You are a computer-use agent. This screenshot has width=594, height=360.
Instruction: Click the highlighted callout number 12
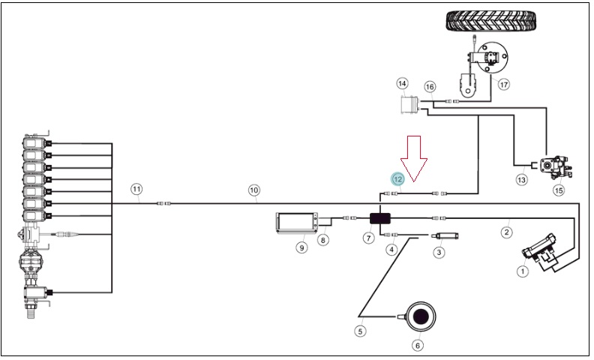tap(397, 179)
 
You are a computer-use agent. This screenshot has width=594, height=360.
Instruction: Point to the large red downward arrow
tap(414, 158)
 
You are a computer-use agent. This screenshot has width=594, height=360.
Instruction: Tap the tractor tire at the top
tap(492, 20)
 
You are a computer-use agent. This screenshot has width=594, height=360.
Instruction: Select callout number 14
tap(402, 83)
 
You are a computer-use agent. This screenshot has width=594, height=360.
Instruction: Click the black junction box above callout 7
tap(380, 218)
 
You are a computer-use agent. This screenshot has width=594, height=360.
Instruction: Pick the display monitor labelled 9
tap(297, 223)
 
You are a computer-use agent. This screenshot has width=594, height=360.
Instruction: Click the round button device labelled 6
tap(420, 316)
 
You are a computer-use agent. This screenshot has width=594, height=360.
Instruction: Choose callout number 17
tap(503, 84)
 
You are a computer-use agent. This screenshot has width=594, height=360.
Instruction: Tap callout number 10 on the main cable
tap(253, 190)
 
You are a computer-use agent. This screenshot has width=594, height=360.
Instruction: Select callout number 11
tap(136, 189)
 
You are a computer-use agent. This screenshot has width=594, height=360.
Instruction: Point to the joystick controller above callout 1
tap(540, 250)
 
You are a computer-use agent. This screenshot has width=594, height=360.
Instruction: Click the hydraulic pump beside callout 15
tap(556, 167)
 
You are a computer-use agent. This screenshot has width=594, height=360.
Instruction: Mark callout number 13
tap(521, 178)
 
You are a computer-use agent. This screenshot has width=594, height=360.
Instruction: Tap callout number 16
tap(429, 87)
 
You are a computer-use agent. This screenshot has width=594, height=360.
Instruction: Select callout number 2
tap(507, 232)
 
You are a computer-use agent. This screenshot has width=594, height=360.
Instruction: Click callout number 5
tap(360, 331)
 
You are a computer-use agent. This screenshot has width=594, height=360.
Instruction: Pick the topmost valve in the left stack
tap(37, 142)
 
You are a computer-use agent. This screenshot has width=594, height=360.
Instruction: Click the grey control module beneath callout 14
tap(410, 105)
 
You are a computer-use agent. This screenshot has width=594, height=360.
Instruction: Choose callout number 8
tap(322, 240)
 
